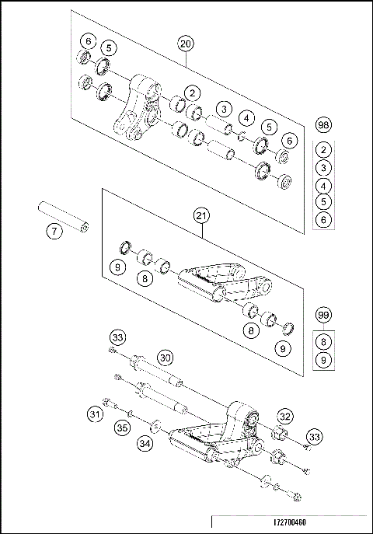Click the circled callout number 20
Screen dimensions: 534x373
[x=185, y=44]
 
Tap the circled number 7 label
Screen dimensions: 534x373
[x=53, y=232]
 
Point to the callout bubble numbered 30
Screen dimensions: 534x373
[x=165, y=357]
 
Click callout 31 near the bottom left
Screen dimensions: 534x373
[x=96, y=415]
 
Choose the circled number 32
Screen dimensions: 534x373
[x=285, y=416]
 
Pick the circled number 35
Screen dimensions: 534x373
[x=123, y=427]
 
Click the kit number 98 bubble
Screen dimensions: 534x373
[x=324, y=124]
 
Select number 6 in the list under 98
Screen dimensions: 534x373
[x=324, y=219]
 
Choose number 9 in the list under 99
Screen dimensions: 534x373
[x=324, y=358]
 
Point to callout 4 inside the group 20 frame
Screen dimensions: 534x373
[x=246, y=118]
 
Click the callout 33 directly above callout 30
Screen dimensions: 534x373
[x=117, y=337]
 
